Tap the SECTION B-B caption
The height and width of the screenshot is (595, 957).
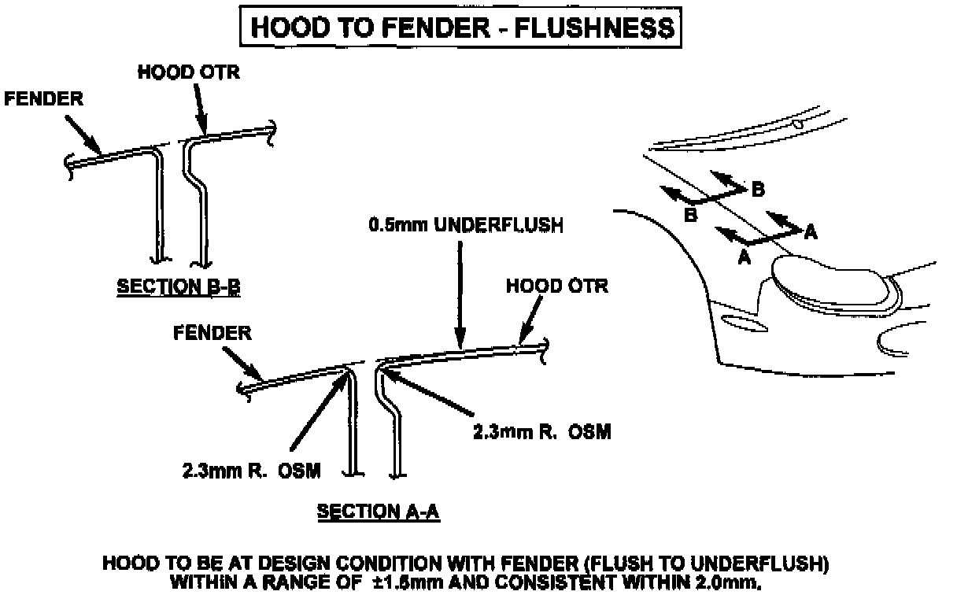point(179,288)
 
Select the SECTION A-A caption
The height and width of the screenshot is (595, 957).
point(378,512)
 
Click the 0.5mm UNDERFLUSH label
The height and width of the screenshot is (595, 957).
point(465,226)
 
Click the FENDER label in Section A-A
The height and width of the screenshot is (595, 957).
point(212,333)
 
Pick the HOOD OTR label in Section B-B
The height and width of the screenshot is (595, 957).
point(188,72)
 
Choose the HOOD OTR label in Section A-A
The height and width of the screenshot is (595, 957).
point(557,286)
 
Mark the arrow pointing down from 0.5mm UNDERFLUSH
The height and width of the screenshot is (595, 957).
point(460,291)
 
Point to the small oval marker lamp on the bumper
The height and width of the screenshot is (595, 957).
point(740,322)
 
